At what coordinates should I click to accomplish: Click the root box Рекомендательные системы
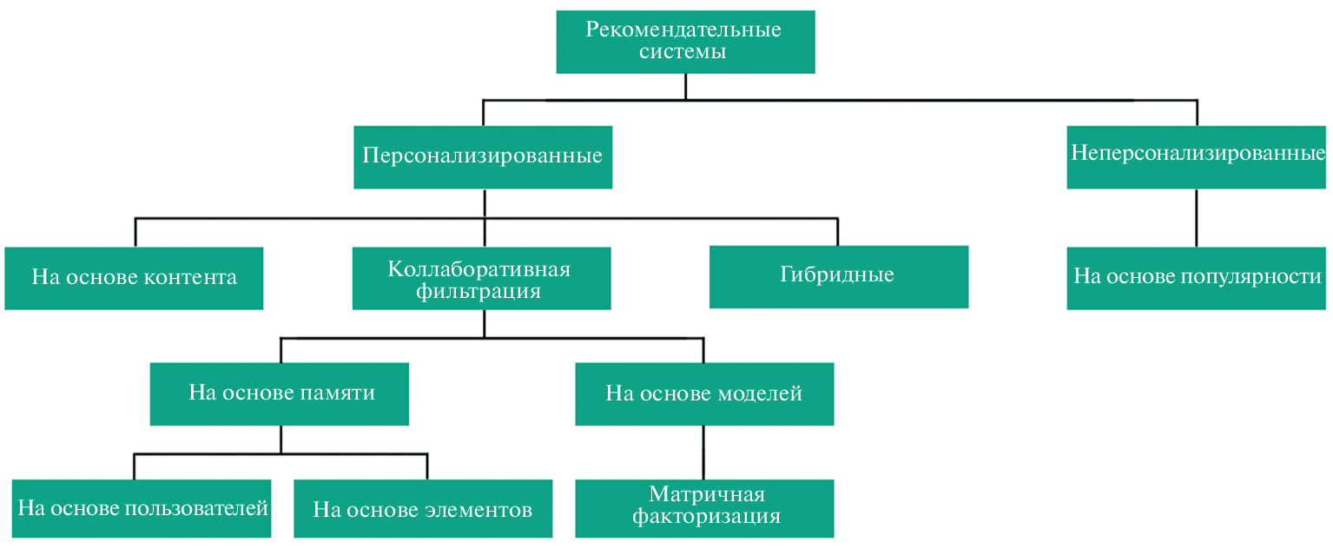pos(685,41)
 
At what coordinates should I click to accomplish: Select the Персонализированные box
pos(483,157)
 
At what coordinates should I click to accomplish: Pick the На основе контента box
pos(134,278)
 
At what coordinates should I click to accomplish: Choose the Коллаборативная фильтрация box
pos(481,278)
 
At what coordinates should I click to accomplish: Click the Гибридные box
pos(838,276)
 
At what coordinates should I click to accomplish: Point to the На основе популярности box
pos(1197,278)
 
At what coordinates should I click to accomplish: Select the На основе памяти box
pos(280,394)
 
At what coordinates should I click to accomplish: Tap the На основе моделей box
pos(704,394)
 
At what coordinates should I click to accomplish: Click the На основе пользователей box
pos(142,508)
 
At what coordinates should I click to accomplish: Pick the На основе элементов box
pos(423,509)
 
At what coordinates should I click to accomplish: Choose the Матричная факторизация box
pos(704,508)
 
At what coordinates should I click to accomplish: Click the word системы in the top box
pos(683,52)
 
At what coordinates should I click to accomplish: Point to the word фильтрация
pos(478,291)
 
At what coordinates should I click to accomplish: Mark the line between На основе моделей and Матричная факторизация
pos(703,452)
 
